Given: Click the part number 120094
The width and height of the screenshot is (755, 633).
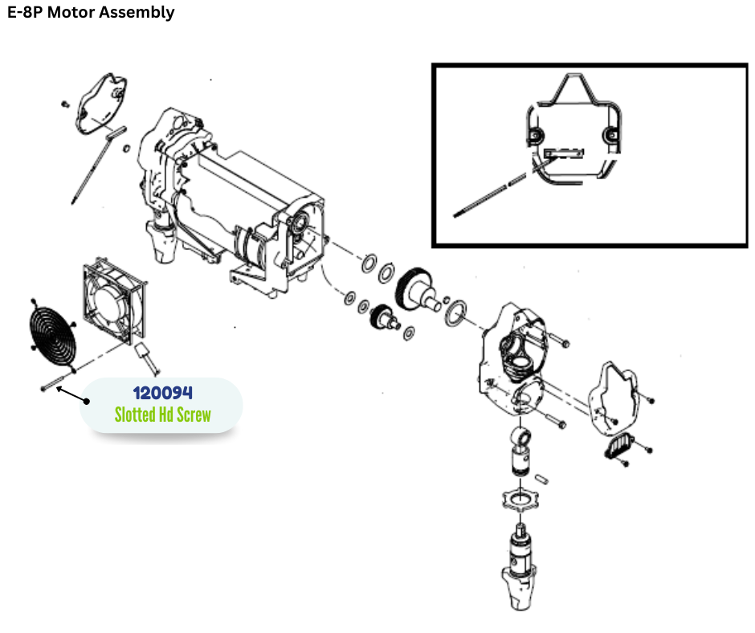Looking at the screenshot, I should click(162, 393).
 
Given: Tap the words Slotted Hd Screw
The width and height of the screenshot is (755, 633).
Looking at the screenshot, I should click(162, 415).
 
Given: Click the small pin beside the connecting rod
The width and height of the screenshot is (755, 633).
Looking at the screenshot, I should click(544, 478).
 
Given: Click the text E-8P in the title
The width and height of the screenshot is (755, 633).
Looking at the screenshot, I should click(24, 12).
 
